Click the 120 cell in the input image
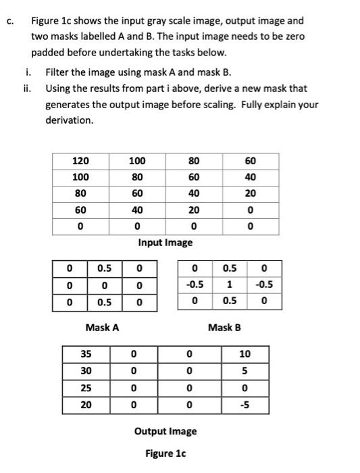pos(80,161)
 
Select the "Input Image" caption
pos(165,242)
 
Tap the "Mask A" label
pos(102,327)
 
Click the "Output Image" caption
pos(165,431)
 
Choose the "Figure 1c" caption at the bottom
pos(165,454)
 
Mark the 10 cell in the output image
pos(244,353)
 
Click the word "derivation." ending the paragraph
pos(69,120)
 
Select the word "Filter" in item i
pos(57,72)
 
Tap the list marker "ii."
pos(27,88)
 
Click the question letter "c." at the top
pos(9,21)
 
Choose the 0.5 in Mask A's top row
pos(105,269)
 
